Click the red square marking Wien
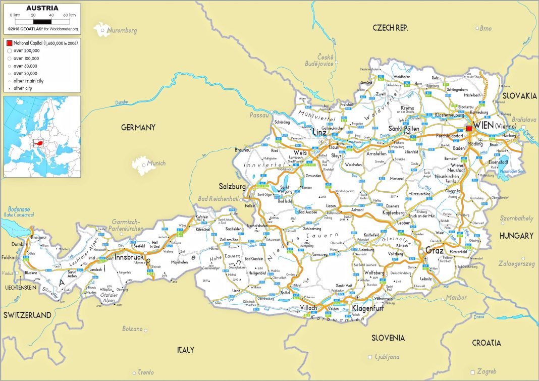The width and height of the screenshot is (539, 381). tap(469, 129)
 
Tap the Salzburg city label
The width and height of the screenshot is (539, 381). tap(232, 186)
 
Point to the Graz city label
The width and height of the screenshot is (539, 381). tap(434, 250)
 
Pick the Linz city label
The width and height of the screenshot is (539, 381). tap(319, 132)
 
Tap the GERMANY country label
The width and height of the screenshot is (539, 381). tap(138, 128)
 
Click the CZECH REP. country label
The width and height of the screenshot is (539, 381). tap(390, 27)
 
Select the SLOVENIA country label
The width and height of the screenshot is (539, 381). tap(388, 337)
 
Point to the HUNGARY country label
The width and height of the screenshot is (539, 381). tap(516, 236)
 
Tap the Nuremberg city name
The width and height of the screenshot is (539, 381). tap(122, 30)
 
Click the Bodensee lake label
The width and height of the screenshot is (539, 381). tap(19, 209)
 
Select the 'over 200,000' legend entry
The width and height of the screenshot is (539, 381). tap(26, 51)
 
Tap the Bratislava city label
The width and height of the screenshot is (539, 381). tap(524, 120)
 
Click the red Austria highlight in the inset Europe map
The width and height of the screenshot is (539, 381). tap(38, 143)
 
